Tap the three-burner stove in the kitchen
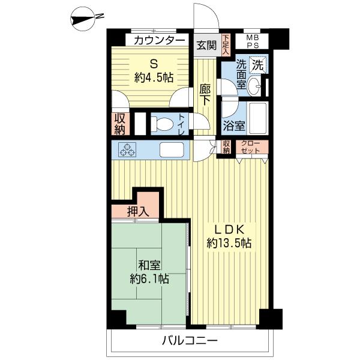click(x=127, y=149)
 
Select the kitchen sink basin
click(x=172, y=149)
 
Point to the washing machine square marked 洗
click(x=258, y=65)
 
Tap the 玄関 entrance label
click(x=206, y=45)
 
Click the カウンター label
click(x=159, y=40)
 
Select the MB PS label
click(x=253, y=41)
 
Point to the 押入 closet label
click(x=138, y=212)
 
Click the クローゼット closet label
click(x=251, y=147)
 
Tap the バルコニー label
click(x=190, y=340)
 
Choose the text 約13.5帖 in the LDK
click(x=229, y=243)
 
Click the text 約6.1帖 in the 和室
click(x=149, y=279)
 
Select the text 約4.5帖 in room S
click(x=154, y=77)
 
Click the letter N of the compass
click(x=100, y=16)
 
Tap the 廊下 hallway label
click(x=205, y=95)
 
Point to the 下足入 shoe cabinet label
click(x=226, y=44)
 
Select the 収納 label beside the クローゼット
click(x=226, y=147)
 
